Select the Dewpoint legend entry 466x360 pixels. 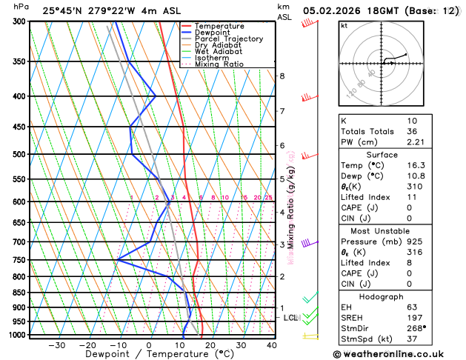tap(216, 33)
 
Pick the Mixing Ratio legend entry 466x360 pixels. tap(219, 64)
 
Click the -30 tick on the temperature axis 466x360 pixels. tap(56, 345)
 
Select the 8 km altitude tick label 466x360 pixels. tap(282, 76)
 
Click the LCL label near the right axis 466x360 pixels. tap(290, 318)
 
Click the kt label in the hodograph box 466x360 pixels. tap(344, 25)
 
